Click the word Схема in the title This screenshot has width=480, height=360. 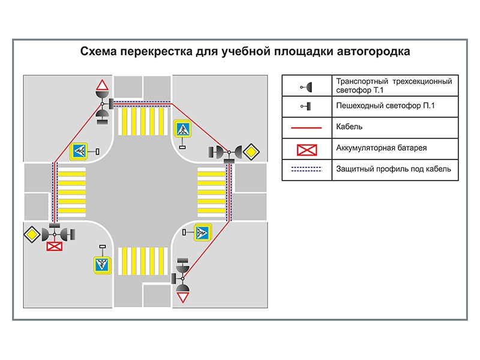[98, 52]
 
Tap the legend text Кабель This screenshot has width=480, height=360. [350, 127]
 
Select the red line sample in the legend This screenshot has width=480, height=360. [307, 127]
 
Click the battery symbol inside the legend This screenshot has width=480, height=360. [307, 148]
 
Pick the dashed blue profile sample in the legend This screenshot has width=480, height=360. [307, 169]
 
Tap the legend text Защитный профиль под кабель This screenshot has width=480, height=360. [394, 169]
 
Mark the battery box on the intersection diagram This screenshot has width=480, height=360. [55, 245]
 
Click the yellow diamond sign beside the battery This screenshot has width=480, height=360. [32, 233]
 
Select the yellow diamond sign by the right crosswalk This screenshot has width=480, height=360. [250, 152]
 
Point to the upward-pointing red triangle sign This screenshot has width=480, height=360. [102, 85]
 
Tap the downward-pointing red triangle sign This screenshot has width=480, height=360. [183, 296]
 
